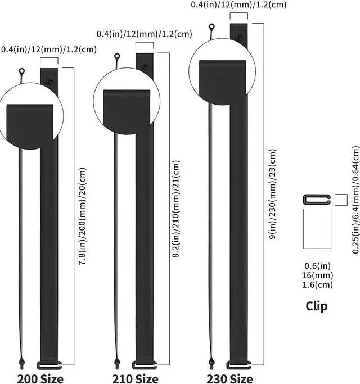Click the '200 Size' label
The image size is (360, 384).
(40, 378)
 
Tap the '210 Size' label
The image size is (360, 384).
(135, 378)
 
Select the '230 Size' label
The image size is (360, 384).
(230, 378)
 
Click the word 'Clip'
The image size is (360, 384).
(316, 306)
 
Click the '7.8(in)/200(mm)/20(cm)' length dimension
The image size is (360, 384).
(82, 216)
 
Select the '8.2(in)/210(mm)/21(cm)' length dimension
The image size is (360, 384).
(176, 209)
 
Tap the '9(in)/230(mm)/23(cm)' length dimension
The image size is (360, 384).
(272, 194)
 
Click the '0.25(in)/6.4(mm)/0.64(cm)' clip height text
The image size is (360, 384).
(356, 200)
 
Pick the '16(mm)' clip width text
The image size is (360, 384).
(317, 275)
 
